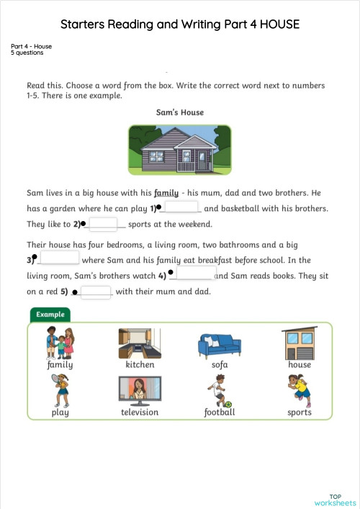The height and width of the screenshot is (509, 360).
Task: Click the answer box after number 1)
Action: point(181,207)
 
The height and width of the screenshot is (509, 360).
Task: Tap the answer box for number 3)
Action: point(59,258)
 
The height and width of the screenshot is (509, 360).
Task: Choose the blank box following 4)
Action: point(195,274)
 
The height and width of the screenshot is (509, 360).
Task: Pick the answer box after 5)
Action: point(96,292)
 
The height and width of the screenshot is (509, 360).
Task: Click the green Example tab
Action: point(50,315)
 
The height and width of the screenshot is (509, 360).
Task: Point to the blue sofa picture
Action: point(220,345)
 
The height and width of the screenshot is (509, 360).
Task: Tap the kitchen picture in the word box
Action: point(140,343)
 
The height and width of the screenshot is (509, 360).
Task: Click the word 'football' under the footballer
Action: point(220,413)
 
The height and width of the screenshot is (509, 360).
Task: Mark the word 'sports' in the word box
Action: point(300,413)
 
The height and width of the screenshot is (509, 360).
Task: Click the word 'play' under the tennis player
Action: point(60,413)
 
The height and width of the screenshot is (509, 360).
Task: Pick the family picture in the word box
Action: point(60,342)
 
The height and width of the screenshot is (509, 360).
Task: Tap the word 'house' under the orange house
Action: point(300,364)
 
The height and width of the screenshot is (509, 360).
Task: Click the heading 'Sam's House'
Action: point(180,113)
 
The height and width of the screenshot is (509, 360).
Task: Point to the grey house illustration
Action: point(180,150)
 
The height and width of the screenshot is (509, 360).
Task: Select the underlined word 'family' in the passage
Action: point(166,193)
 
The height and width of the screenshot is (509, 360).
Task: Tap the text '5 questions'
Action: point(27,53)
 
